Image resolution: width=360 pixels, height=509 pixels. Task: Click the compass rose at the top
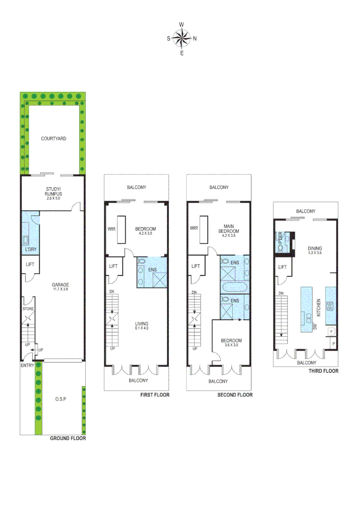[182, 39]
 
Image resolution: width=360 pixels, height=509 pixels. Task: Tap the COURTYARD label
[53, 139]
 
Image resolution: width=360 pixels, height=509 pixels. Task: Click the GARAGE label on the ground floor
[60, 285]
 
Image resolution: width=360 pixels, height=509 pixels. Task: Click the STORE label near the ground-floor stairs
[28, 309]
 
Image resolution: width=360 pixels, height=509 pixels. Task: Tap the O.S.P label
[60, 399]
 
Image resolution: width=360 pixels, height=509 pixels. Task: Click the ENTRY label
[27, 365]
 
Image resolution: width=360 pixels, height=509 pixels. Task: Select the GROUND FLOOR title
[68, 438]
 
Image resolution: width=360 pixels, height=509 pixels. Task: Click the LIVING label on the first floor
[141, 323]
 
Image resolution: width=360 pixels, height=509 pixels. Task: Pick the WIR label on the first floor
[111, 229]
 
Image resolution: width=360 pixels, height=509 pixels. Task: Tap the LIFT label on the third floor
[282, 267]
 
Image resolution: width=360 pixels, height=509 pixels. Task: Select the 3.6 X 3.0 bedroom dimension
[231, 345]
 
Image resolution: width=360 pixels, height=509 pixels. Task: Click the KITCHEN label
[319, 307]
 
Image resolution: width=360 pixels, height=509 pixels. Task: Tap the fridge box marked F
[331, 331]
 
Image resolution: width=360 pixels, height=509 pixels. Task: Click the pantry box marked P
[334, 344]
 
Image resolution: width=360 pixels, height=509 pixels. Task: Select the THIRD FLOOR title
[323, 371]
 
